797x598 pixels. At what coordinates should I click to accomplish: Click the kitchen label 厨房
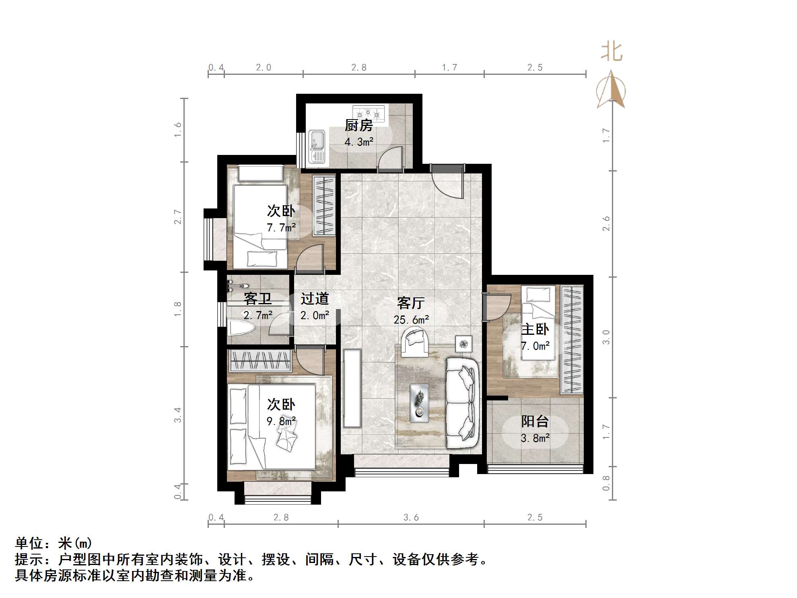[x=358, y=126]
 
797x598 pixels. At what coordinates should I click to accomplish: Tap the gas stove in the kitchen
[x=368, y=113]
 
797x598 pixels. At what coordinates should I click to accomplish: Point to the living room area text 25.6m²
[x=411, y=320]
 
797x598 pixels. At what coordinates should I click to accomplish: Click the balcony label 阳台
[x=535, y=421]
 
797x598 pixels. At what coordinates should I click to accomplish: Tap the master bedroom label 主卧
[x=535, y=330]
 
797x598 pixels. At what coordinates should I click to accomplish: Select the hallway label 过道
[x=315, y=299]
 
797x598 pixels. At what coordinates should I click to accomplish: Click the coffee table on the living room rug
[x=419, y=403]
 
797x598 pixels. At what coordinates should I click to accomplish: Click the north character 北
[x=612, y=53]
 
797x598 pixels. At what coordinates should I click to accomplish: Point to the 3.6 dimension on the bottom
[x=411, y=518]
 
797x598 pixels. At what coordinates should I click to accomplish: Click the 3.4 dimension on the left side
[x=178, y=414]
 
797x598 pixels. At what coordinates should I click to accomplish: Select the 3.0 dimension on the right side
[x=606, y=337]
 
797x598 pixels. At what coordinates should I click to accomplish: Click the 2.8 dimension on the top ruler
[x=359, y=68]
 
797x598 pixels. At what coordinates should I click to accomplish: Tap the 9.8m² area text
[x=281, y=421]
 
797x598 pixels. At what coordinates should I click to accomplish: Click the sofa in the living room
[x=463, y=403]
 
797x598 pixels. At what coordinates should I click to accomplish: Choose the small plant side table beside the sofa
[x=464, y=344]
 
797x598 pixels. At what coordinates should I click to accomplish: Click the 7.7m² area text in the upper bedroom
[x=281, y=228]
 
